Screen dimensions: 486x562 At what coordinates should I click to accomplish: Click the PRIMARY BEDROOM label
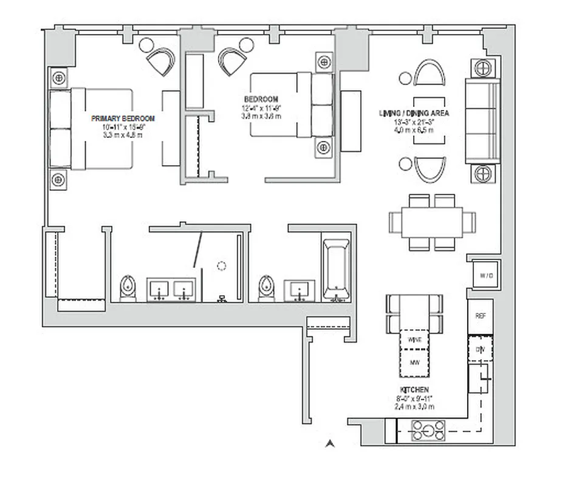(x=123, y=118)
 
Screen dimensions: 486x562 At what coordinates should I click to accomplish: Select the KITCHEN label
(x=414, y=389)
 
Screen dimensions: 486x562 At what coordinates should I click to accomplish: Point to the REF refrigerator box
(x=480, y=317)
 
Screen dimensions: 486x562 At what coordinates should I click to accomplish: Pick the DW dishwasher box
(x=480, y=349)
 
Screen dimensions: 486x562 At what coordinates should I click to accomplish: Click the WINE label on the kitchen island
(x=414, y=339)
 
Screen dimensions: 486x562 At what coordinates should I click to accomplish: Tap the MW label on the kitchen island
(x=414, y=363)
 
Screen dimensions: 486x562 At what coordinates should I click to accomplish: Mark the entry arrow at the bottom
(x=330, y=443)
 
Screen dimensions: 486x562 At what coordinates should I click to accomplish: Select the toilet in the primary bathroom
(x=128, y=288)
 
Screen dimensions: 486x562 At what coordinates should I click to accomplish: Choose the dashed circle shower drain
(x=222, y=265)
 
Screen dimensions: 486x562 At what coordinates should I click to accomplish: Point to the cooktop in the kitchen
(x=428, y=431)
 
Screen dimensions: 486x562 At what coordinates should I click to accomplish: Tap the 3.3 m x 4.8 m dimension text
(x=123, y=135)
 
